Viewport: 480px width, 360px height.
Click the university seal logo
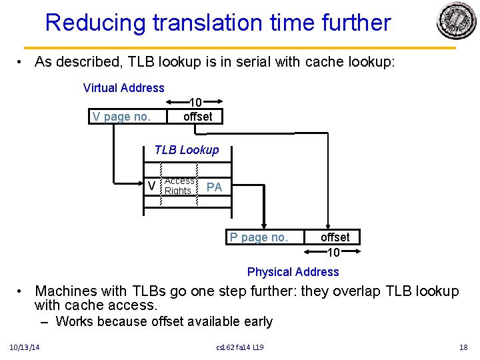pyautogui.click(x=456, y=21)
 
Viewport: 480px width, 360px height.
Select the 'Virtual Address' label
pyautogui.click(x=123, y=88)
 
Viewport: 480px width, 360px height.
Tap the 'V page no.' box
pyautogui.click(x=121, y=117)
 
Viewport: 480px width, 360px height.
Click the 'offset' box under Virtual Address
pyautogui.click(x=197, y=117)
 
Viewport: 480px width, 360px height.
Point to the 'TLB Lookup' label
pyautogui.click(x=186, y=150)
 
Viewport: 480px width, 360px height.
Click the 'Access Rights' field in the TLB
pyautogui.click(x=179, y=186)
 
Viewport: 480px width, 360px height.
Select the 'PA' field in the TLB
pyautogui.click(x=214, y=187)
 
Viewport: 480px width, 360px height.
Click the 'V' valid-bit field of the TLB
pyautogui.click(x=152, y=187)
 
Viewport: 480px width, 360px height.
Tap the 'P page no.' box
pyautogui.click(x=259, y=237)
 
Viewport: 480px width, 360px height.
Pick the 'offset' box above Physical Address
pyautogui.click(x=335, y=237)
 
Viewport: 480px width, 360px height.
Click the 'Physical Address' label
pyautogui.click(x=293, y=272)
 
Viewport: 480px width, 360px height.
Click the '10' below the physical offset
pyautogui.click(x=333, y=253)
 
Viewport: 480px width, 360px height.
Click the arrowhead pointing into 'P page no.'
pyautogui.click(x=265, y=226)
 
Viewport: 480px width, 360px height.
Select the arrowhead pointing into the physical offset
pyautogui.click(x=327, y=226)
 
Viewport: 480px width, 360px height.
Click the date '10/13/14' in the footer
pyautogui.click(x=24, y=347)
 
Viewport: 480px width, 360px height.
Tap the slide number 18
pyautogui.click(x=463, y=347)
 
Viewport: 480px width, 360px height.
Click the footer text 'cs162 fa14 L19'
pyautogui.click(x=240, y=347)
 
